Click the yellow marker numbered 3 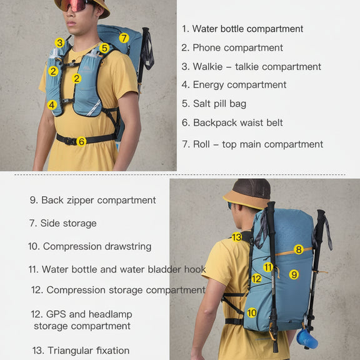point(60,42)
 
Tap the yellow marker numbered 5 point(104,48)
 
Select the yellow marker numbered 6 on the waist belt point(81,141)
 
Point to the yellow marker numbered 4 point(52,105)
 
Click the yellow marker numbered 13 point(237,237)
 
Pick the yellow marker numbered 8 point(299,249)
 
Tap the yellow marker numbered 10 point(252,312)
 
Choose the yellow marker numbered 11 point(268,267)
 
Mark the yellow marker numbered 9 point(294,274)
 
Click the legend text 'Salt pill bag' point(220,104)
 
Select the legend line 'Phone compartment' point(237,47)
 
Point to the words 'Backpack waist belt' point(238,122)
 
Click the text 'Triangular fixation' point(89,351)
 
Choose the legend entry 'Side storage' point(68,223)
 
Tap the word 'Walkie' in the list point(207,67)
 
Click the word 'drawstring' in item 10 point(128,247)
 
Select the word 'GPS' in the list point(56,314)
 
